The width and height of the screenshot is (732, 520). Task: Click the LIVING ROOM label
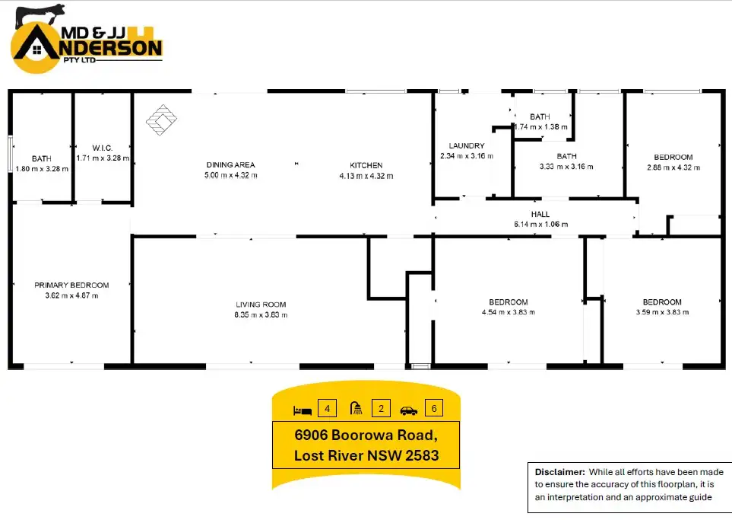(261, 304)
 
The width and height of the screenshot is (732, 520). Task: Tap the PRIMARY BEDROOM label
(71, 285)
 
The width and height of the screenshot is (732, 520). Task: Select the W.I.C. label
(103, 148)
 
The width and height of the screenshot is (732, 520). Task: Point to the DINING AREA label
(230, 164)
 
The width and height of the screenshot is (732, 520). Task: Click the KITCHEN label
(366, 164)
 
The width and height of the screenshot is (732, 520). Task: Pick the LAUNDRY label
(467, 145)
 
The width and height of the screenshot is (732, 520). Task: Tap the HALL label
(540, 214)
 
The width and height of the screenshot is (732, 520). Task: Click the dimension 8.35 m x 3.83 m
(261, 314)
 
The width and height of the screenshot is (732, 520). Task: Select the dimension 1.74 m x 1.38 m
(540, 126)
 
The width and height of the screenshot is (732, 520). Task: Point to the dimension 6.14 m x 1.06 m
(540, 224)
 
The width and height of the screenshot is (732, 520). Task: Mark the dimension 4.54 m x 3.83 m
(509, 312)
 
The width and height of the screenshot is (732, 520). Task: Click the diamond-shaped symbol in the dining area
(161, 120)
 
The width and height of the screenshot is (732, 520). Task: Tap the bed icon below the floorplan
(302, 410)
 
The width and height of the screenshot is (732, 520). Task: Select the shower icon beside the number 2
(356, 409)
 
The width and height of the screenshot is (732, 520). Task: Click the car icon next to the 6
(409, 410)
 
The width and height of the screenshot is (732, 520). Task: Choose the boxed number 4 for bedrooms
(328, 409)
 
